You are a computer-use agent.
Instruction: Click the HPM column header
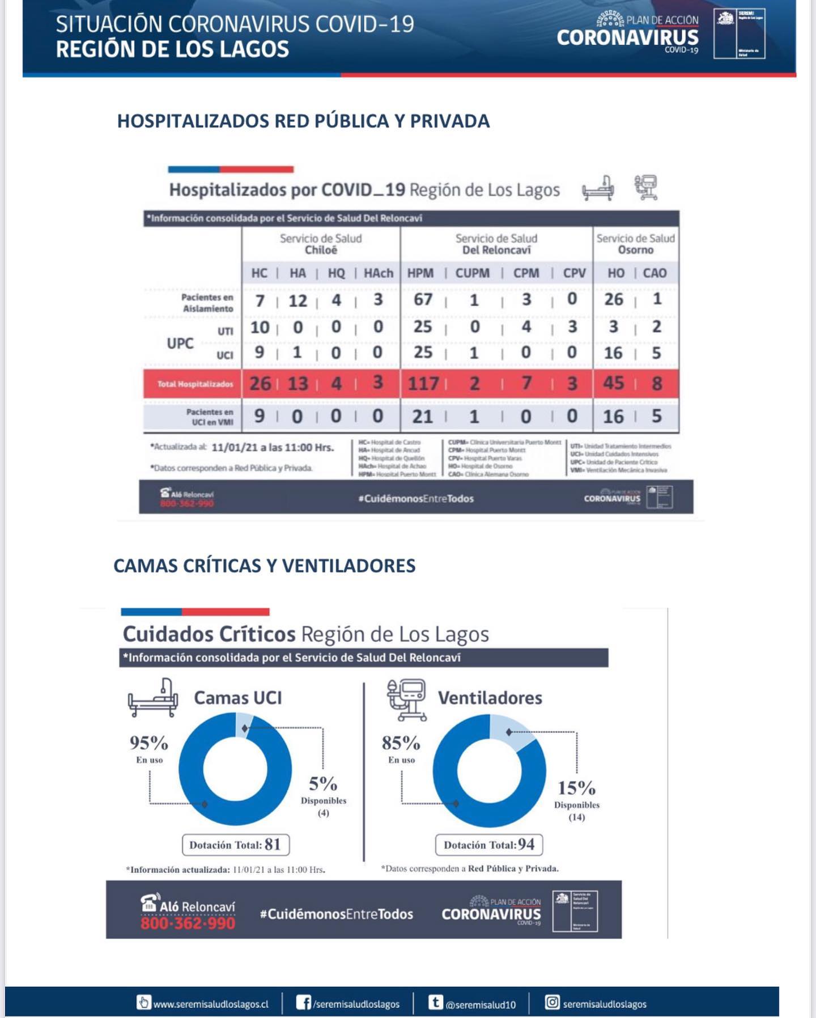click(420, 273)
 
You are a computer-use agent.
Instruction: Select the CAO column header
click(654, 273)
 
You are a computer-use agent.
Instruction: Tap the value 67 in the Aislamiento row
click(423, 299)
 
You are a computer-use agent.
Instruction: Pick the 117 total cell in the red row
click(423, 384)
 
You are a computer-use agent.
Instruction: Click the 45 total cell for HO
click(613, 383)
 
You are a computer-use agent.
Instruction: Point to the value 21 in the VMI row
click(423, 417)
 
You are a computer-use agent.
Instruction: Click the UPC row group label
click(180, 343)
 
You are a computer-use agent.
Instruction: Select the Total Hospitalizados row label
click(195, 384)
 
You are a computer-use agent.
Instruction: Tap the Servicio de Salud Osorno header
click(635, 244)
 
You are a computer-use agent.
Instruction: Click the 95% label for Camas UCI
click(149, 743)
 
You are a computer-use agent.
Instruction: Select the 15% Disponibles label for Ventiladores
click(576, 788)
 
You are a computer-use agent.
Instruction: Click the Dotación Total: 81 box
click(235, 845)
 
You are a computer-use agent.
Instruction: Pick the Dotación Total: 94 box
click(488, 845)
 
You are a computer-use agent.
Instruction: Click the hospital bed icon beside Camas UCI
click(152, 698)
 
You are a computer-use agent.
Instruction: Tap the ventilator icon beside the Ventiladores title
click(406, 699)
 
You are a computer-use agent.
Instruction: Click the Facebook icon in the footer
click(303, 1003)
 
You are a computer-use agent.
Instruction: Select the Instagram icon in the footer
click(552, 1003)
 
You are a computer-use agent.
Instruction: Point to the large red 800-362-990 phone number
click(188, 923)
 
